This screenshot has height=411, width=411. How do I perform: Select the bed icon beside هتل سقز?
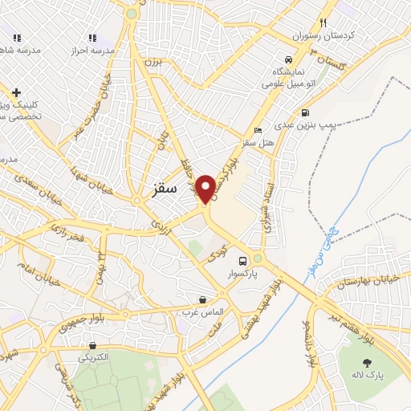(257, 130)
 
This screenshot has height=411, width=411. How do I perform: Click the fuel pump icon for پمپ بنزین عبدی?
(305, 112)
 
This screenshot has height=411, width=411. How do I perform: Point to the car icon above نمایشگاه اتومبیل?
(287, 59)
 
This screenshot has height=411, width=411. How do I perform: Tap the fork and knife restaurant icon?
(323, 22)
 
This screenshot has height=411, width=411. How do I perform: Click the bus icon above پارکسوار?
(242, 260)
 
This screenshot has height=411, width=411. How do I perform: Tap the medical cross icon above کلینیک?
(16, 92)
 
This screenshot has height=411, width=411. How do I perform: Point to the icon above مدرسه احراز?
(93, 37)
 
